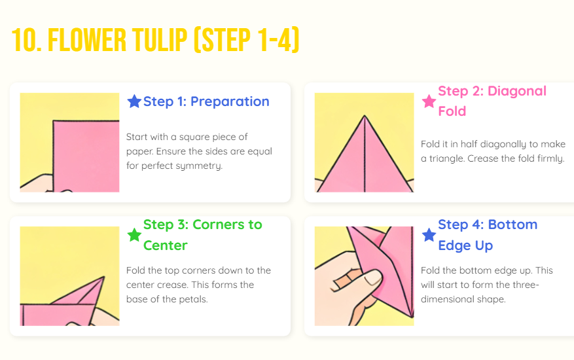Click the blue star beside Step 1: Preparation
tap(134, 101)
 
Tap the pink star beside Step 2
tap(429, 101)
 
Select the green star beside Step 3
tap(134, 235)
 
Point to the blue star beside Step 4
tap(429, 235)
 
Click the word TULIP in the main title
tap(160, 40)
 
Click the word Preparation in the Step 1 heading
tap(230, 101)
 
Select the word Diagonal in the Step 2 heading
tap(517, 91)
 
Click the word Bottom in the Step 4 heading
tap(512, 225)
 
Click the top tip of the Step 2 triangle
tap(365, 116)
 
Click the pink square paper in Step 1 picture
tap(86, 156)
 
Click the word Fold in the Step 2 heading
tap(452, 111)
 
